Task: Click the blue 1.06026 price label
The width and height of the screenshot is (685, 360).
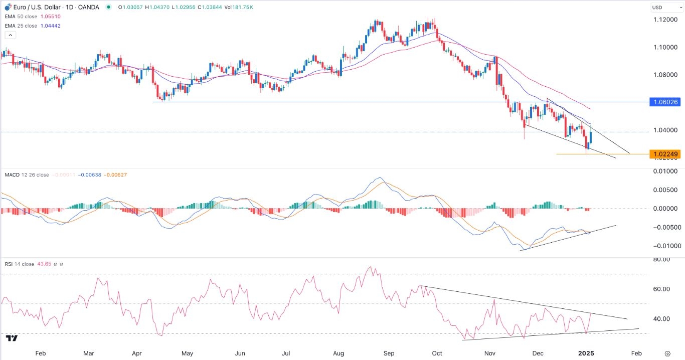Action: click(x=665, y=102)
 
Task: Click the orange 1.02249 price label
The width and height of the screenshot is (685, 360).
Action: click(x=665, y=154)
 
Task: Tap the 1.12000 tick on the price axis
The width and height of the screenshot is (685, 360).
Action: click(x=665, y=20)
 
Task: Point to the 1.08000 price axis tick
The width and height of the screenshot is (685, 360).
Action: click(x=665, y=75)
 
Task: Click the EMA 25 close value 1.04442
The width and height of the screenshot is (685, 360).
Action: click(x=51, y=26)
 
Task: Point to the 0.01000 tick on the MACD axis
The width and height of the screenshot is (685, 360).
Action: click(x=665, y=171)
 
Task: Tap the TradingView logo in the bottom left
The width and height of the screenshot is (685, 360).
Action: click(x=12, y=338)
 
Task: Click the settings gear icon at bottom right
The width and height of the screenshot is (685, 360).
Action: click(x=667, y=353)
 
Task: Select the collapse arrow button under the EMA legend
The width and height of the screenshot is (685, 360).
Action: click(x=10, y=35)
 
